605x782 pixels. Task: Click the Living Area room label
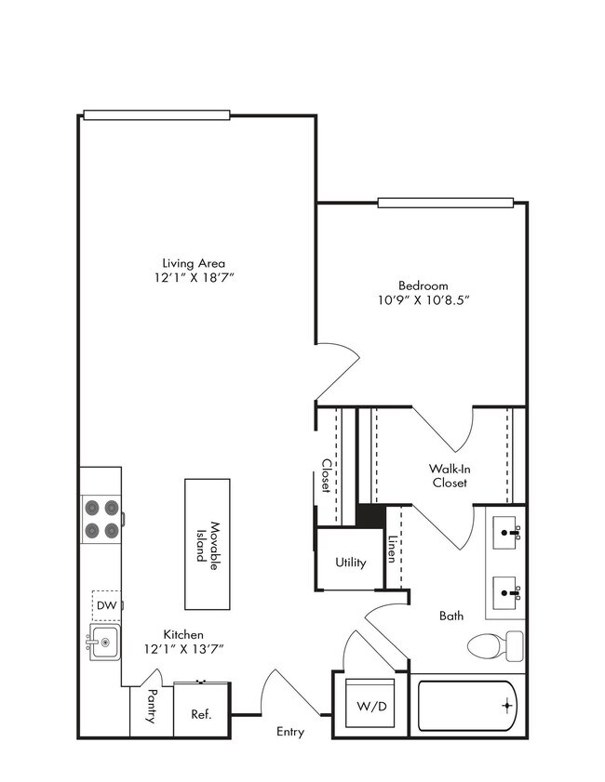[x=194, y=262]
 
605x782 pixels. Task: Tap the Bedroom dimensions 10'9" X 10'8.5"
[x=423, y=300]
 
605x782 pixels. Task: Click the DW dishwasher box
[x=106, y=606]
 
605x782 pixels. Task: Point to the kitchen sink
[x=103, y=643]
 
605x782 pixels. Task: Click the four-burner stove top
[x=102, y=519]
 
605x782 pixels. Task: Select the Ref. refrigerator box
[x=201, y=714]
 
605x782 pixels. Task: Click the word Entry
[x=290, y=732]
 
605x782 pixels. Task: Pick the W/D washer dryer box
[x=367, y=705]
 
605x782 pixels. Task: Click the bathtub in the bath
[x=465, y=706]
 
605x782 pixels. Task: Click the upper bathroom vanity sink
[x=506, y=534]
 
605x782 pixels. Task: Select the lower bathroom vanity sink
[x=506, y=590]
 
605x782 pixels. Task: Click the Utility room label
[x=351, y=563]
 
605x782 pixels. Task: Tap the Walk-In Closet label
[x=449, y=476]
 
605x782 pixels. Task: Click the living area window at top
[x=155, y=115]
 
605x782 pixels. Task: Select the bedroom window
[x=445, y=202]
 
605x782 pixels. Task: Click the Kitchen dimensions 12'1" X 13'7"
[x=183, y=648]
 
